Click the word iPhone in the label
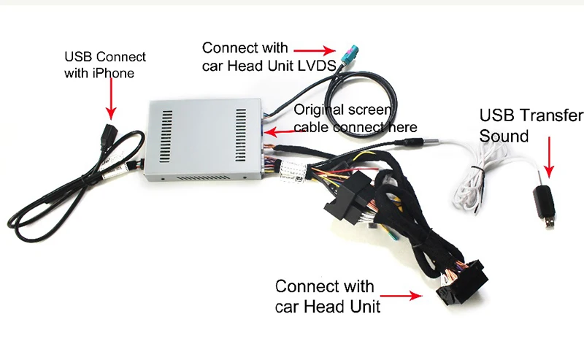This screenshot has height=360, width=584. [115, 72]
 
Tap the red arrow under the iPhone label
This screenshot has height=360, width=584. [110, 99]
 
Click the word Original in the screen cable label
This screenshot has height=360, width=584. [318, 110]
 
